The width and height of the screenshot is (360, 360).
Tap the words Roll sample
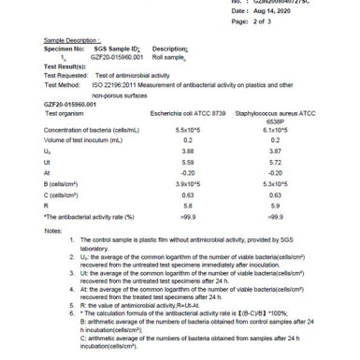click(x=171, y=56)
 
